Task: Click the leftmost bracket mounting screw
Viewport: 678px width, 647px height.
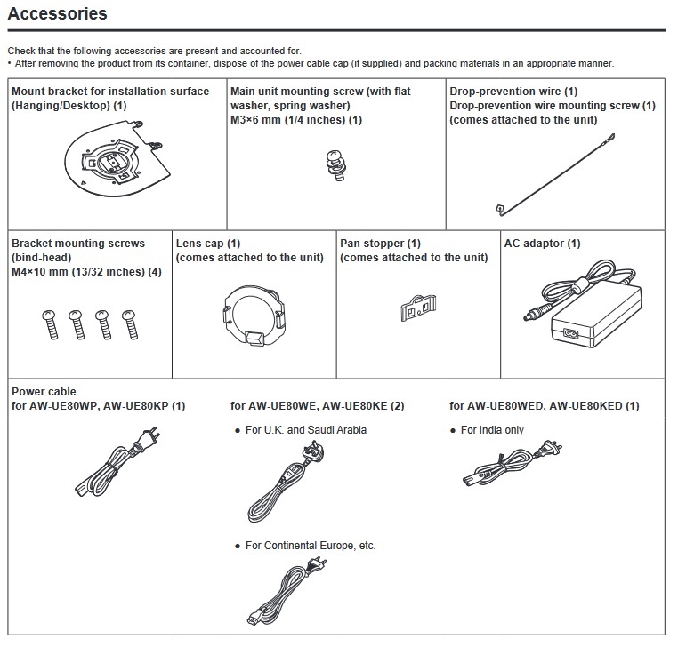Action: (x=50, y=323)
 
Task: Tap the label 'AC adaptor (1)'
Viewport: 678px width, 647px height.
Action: (x=542, y=244)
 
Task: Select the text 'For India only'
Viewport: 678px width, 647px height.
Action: (x=492, y=430)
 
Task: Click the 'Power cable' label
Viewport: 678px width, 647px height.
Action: (x=44, y=392)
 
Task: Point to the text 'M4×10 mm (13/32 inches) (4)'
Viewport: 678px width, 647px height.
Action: (x=86, y=272)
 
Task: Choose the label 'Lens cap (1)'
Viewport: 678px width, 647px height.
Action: (x=208, y=244)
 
